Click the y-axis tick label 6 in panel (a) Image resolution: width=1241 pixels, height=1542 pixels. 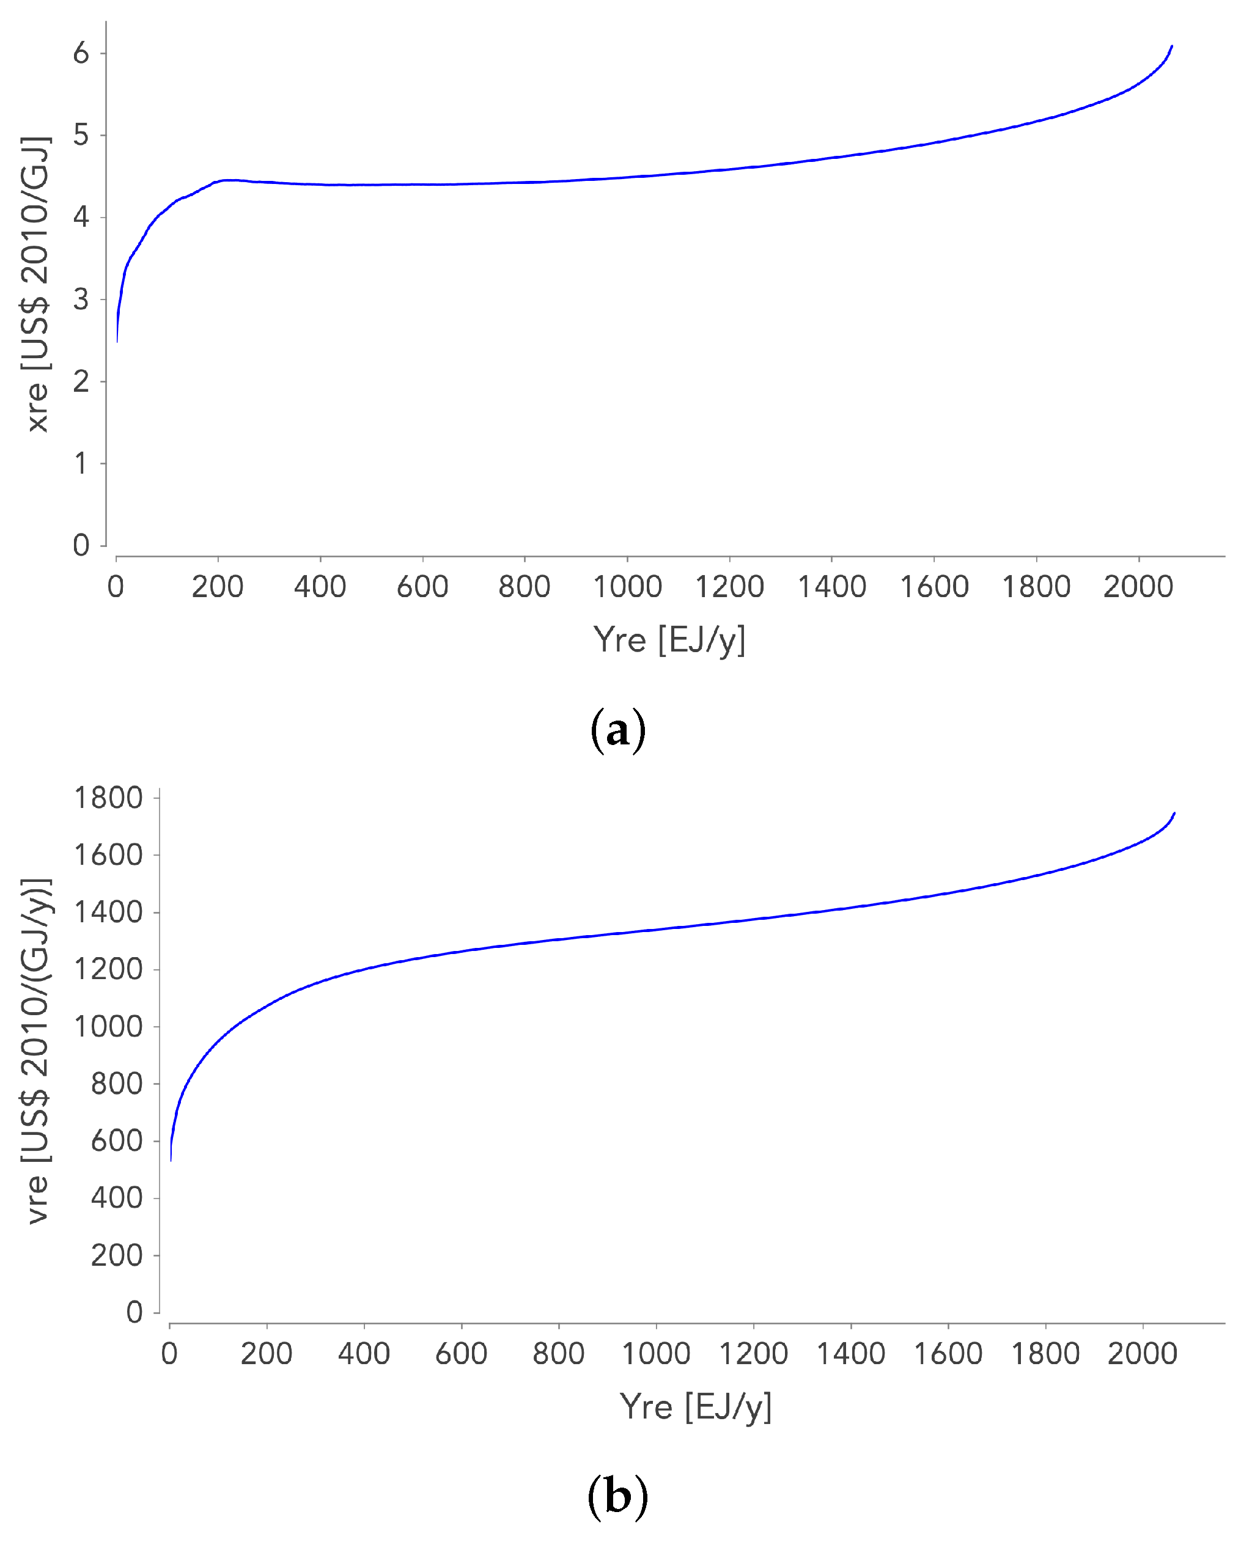coord(81,53)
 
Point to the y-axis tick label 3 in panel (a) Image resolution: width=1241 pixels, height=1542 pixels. coord(81,299)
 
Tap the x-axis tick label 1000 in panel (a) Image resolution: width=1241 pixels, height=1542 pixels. coord(627,587)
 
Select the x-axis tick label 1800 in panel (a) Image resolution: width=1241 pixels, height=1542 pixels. coord(1036,587)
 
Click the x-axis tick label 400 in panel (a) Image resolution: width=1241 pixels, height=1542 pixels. coord(320,587)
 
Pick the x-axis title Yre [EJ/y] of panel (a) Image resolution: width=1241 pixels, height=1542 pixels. coord(669,639)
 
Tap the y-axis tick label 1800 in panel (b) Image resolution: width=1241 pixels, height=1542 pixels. coord(109,798)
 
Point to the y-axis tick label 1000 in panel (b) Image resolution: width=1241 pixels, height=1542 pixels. coord(109,1027)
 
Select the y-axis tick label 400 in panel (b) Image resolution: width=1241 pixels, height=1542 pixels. coord(117,1199)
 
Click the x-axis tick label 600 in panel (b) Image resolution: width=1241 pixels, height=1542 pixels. coord(462,1354)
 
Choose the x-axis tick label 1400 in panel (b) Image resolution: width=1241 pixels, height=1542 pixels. coord(850,1354)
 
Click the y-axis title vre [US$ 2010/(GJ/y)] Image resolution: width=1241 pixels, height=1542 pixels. coord(36,1051)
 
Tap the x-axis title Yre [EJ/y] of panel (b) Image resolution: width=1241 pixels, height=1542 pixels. coord(695,1407)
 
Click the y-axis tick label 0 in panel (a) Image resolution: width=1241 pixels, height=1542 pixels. coord(81,545)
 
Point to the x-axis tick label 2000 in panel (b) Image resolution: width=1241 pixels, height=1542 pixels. coord(1143,1354)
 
